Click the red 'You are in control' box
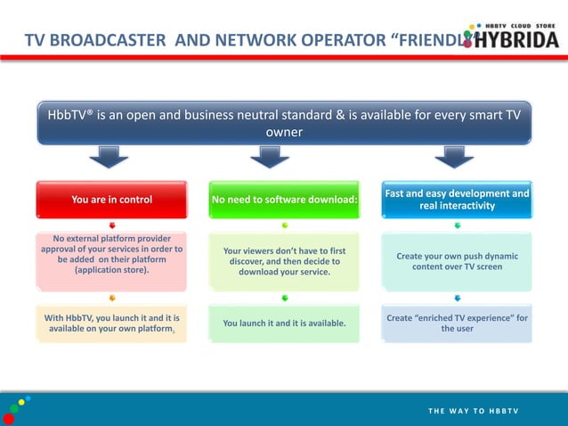coord(111,200)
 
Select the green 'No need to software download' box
coord(284,200)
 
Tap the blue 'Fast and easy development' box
coord(457,200)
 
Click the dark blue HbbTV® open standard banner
coord(284,124)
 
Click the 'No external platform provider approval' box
coord(111,261)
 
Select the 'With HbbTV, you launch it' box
coord(111,324)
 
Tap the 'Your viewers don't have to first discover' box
coord(284,261)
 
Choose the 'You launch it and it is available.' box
coord(284,324)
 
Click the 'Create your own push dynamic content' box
coord(457,261)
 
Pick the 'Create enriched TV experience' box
coord(457,324)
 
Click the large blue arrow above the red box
coord(110,159)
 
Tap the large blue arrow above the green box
coord(270,159)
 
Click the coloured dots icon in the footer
coord(18,409)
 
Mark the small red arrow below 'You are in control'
coord(112,225)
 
